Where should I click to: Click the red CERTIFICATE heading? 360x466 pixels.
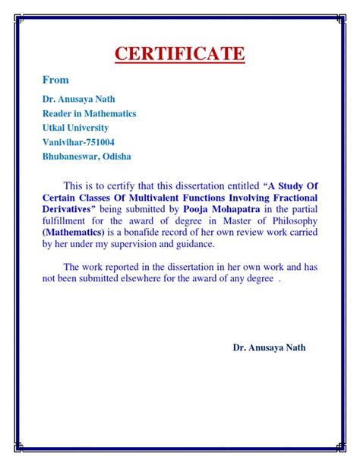pos(180,54)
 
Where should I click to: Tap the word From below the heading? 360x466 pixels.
pos(55,80)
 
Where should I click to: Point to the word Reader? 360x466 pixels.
pos(58,113)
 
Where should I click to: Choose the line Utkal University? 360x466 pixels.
pos(75,128)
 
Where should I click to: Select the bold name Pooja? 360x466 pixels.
pos(198,208)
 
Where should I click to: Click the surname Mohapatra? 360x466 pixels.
pos(243,208)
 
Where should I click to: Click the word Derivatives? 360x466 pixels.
pos(67,208)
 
